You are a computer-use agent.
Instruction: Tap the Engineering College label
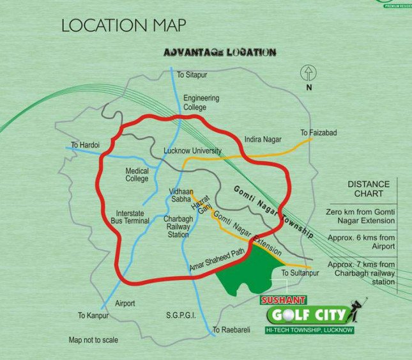pos(201,102)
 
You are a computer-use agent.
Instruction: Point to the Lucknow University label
pos(192,151)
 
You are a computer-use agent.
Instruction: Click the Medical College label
pos(137,175)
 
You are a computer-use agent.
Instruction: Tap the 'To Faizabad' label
pos(318,133)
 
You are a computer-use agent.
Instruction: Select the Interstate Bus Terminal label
pos(132,216)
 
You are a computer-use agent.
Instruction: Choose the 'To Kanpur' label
pos(91,315)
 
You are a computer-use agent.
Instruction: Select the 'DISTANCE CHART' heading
pos(365,189)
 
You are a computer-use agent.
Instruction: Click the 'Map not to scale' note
pos(93,340)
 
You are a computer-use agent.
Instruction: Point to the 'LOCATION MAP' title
pos(124,26)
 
